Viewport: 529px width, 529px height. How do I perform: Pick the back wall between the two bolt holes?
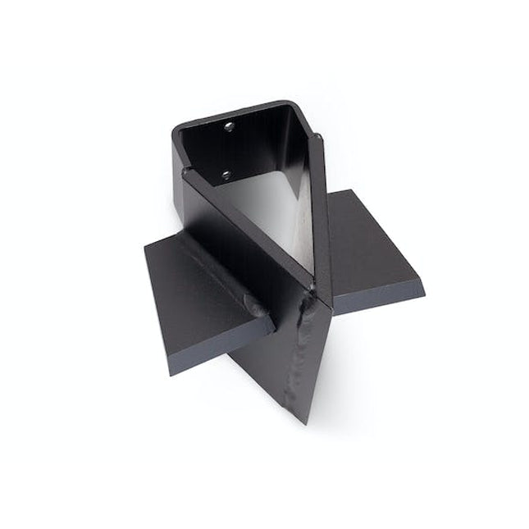(x=227, y=150)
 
